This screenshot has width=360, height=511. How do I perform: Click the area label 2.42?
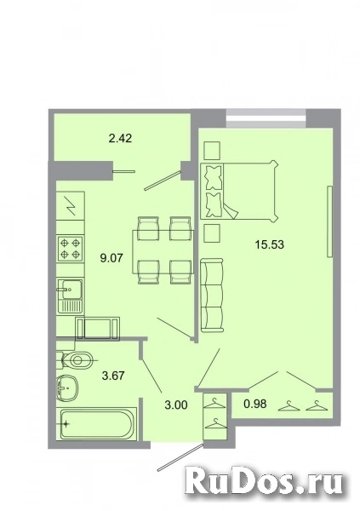(120, 138)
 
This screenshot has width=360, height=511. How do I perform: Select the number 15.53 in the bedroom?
(270, 244)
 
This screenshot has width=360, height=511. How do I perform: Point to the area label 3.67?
(113, 376)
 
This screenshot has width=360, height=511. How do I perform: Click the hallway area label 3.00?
(176, 405)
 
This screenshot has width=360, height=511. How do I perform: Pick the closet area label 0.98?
(255, 404)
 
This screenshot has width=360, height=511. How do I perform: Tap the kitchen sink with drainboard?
(70, 296)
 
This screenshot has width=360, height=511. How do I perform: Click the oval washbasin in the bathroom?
(67, 388)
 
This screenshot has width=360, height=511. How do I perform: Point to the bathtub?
(96, 425)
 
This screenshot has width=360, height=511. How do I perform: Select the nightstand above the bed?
(212, 151)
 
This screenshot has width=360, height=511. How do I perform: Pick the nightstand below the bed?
(212, 233)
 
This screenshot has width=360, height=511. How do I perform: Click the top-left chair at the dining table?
(149, 229)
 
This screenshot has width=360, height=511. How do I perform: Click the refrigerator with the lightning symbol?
(71, 206)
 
